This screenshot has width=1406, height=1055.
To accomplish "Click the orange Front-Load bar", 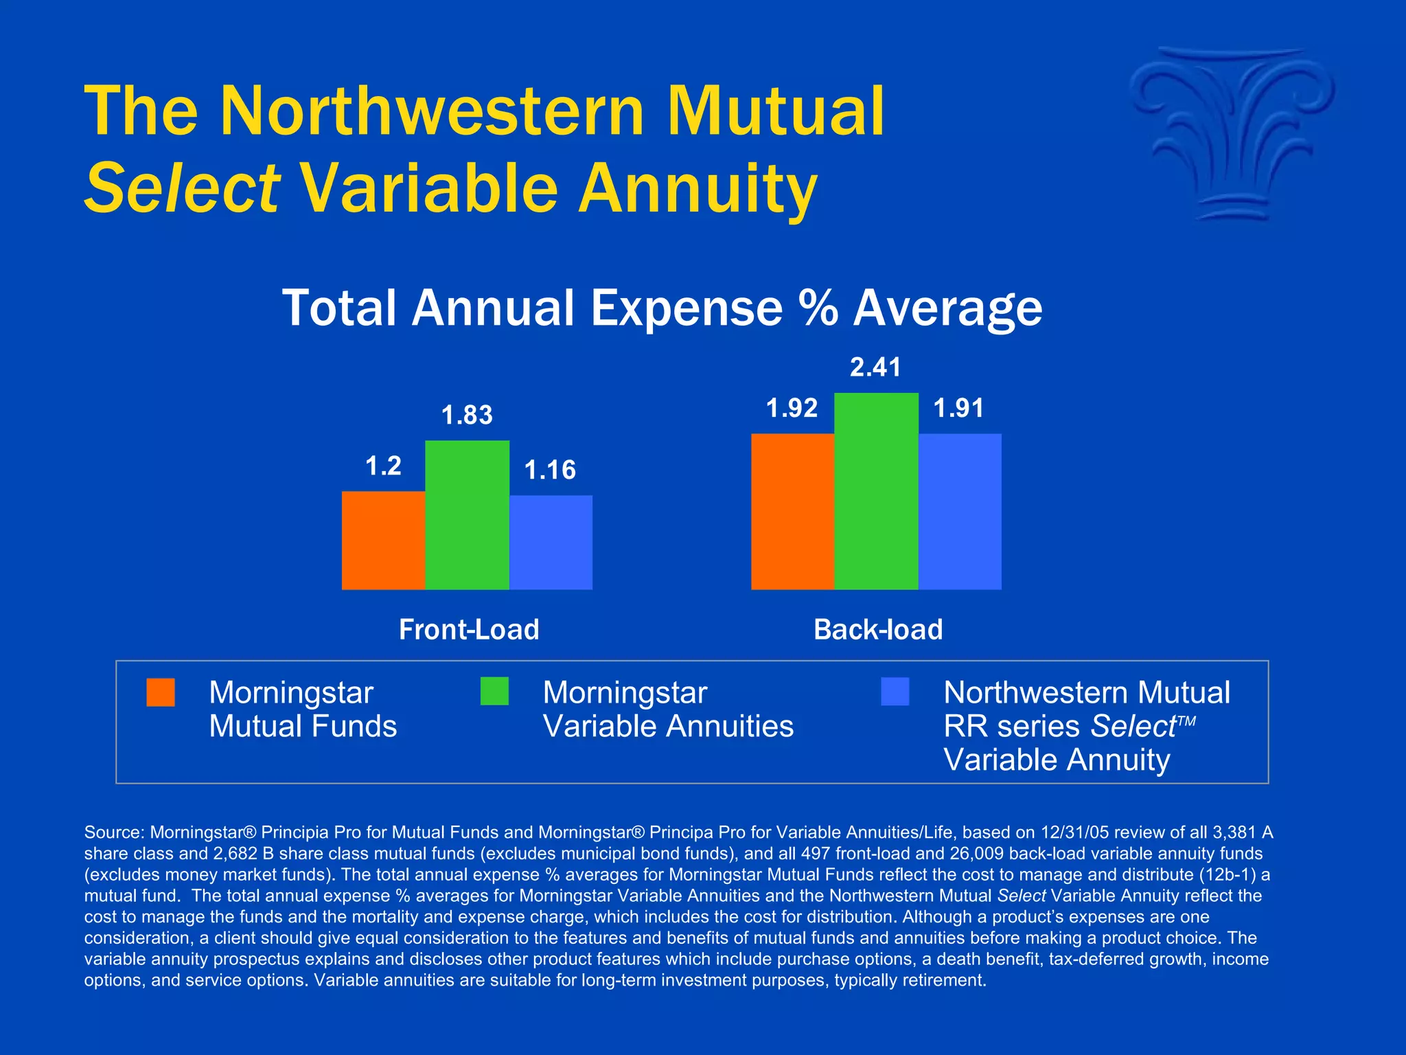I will point(383,540).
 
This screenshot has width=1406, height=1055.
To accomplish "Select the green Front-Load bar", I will point(467,514).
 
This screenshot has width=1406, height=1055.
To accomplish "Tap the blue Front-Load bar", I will point(551,542).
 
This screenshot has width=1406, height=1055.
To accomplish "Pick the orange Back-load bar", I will point(792,511).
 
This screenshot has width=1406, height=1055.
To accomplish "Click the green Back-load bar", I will point(876,490).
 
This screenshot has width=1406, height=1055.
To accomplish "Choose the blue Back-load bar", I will point(960,511).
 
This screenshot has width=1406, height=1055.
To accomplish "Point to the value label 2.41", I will point(875,367).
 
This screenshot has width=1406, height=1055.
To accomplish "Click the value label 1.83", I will point(467,416).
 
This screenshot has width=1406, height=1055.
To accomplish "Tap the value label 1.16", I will point(550,470).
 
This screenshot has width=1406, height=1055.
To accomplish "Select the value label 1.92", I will point(792,409).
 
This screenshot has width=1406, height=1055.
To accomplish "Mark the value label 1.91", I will point(958,409).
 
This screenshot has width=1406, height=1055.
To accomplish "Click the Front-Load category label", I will point(469,630).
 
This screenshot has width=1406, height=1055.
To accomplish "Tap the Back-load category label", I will point(878,630).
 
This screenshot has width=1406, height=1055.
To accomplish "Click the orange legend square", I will point(161,692).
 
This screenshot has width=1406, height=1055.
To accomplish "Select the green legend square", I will point(494,691).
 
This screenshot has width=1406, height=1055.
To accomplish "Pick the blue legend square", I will point(895,692).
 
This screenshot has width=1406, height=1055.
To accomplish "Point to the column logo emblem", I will point(1232,134).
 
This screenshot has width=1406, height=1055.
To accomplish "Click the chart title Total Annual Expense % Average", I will point(662,308).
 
